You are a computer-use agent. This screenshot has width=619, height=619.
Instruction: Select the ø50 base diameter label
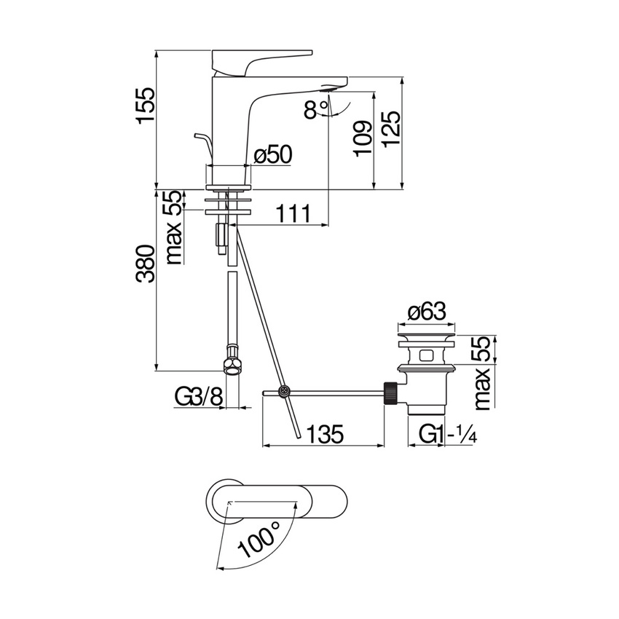[272, 154]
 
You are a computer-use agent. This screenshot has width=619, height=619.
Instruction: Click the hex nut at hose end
[232, 364]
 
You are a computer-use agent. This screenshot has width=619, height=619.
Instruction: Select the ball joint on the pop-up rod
[285, 393]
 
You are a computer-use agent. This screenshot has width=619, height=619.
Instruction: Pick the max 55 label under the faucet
[173, 227]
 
